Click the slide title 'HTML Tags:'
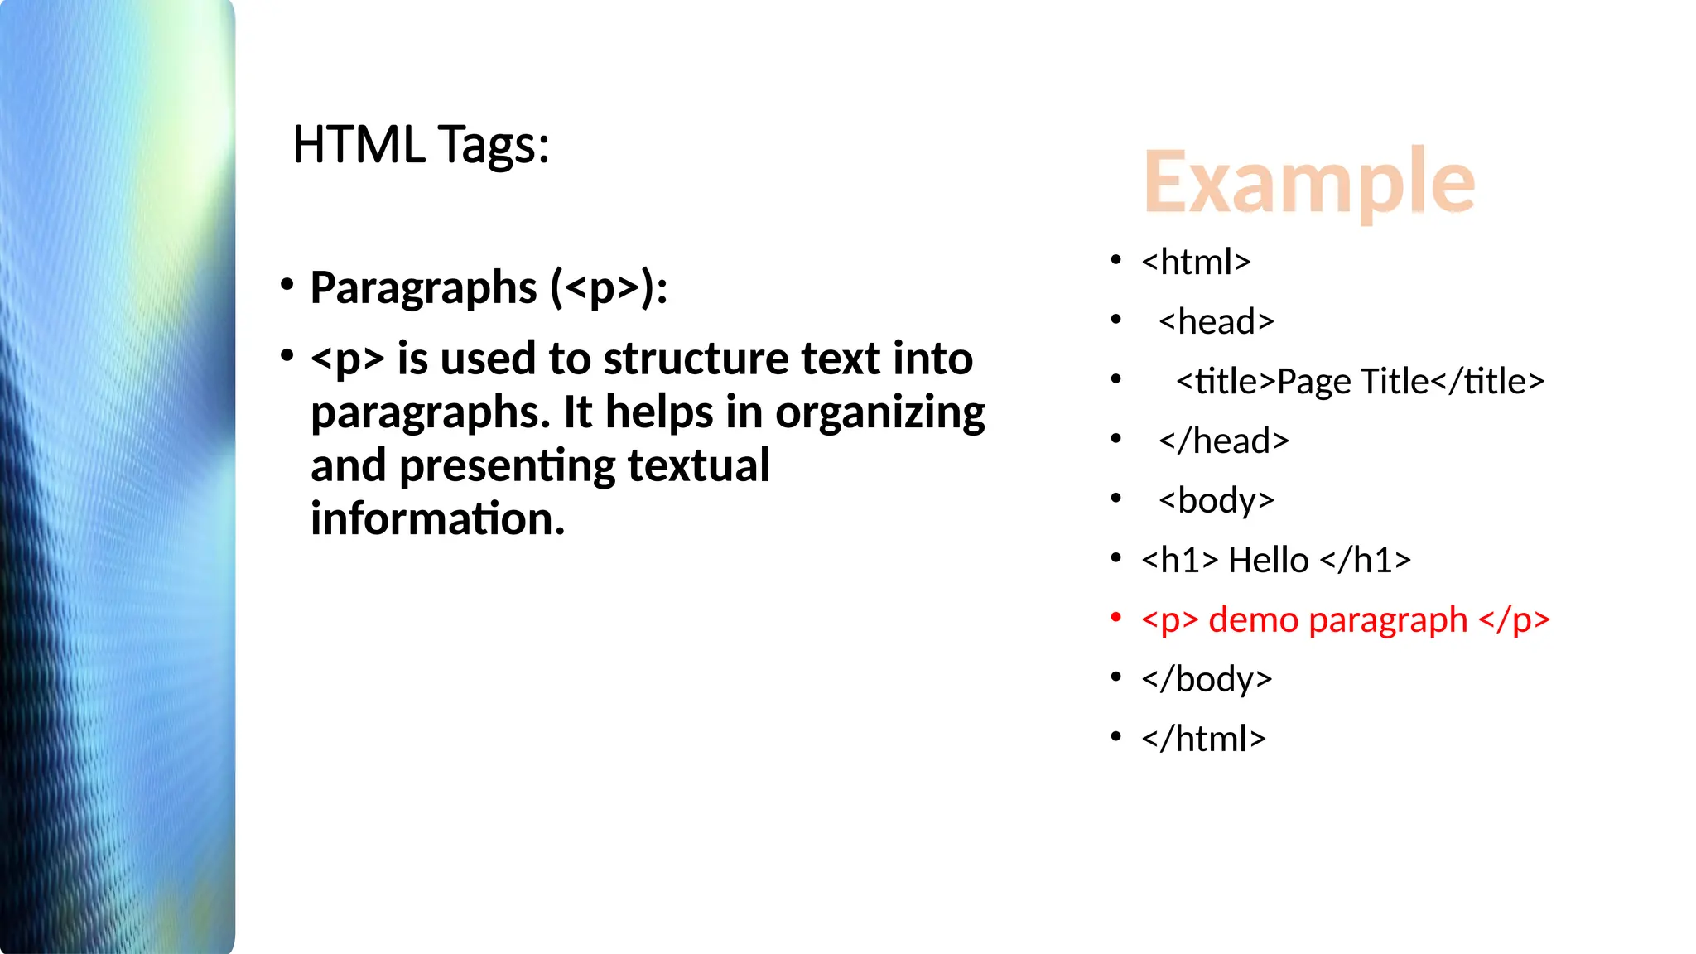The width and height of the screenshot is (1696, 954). [421, 145]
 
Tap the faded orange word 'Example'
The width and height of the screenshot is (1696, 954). [1308, 181]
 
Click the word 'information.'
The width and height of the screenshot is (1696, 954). [437, 518]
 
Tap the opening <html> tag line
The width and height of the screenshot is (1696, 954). [1196, 262]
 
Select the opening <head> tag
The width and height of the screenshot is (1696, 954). [1216, 321]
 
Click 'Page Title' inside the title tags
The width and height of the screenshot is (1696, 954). [1352, 381]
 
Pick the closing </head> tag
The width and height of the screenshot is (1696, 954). [1224, 441]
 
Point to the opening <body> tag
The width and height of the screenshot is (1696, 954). [1216, 501]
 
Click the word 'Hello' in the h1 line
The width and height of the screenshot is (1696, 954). [1268, 560]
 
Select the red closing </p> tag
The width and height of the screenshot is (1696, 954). [1513, 619]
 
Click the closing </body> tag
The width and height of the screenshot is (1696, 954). [1206, 679]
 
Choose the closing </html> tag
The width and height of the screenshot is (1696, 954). [1203, 739]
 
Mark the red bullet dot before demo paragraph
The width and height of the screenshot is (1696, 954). [1116, 617]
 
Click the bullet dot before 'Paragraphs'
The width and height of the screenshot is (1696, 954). [287, 285]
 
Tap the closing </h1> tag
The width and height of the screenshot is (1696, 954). [1365, 560]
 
